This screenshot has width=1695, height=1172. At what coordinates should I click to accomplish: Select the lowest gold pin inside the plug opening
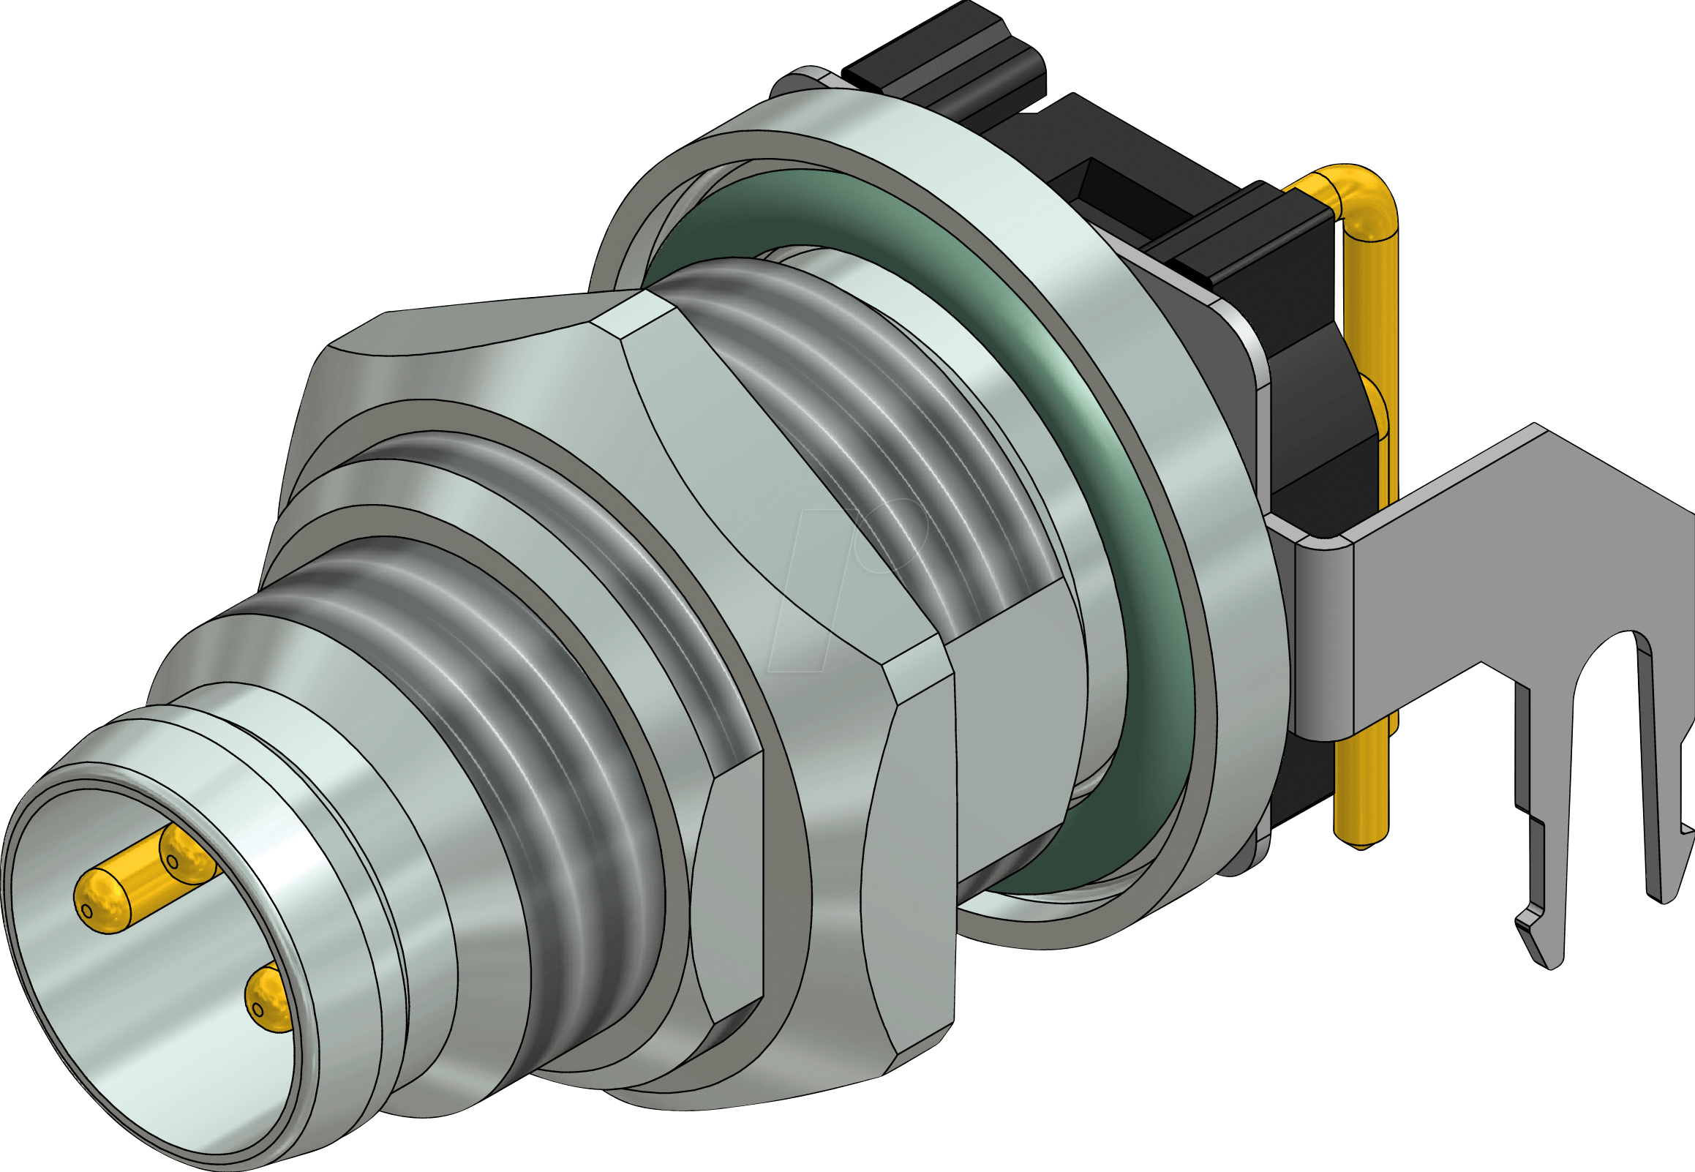coord(268,999)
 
